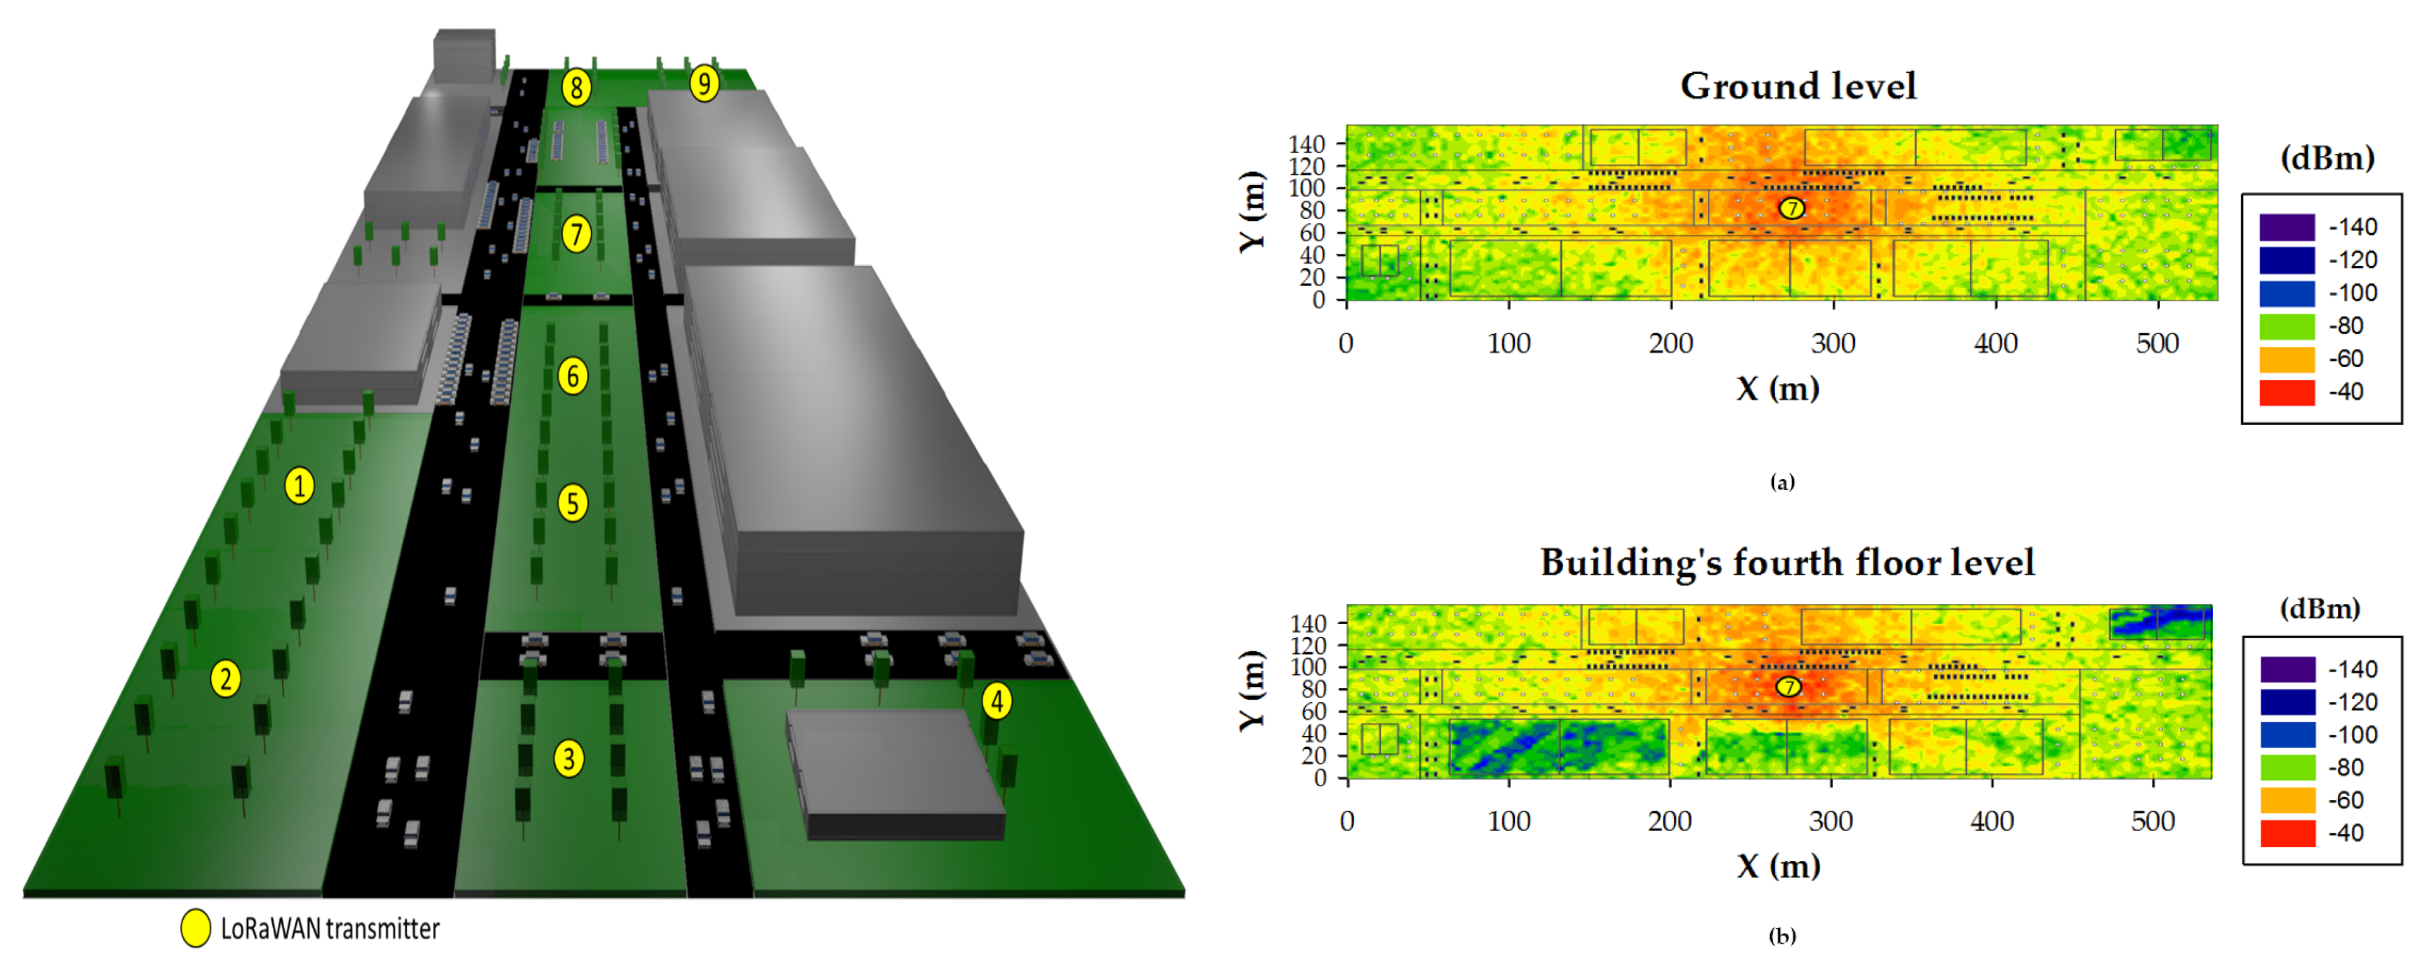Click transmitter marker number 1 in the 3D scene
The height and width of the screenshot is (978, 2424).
[299, 486]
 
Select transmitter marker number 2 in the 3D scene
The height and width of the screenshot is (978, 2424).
[225, 679]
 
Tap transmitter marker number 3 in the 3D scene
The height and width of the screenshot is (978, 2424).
[568, 758]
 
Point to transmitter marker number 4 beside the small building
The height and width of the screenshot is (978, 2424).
[996, 700]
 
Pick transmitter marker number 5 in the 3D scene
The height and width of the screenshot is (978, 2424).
[572, 503]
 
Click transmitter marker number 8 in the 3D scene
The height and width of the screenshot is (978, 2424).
[577, 87]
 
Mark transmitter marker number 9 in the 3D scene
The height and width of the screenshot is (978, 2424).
[704, 84]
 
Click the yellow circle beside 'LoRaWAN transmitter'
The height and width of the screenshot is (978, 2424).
[196, 928]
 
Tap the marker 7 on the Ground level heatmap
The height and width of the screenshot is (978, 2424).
[1792, 208]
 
